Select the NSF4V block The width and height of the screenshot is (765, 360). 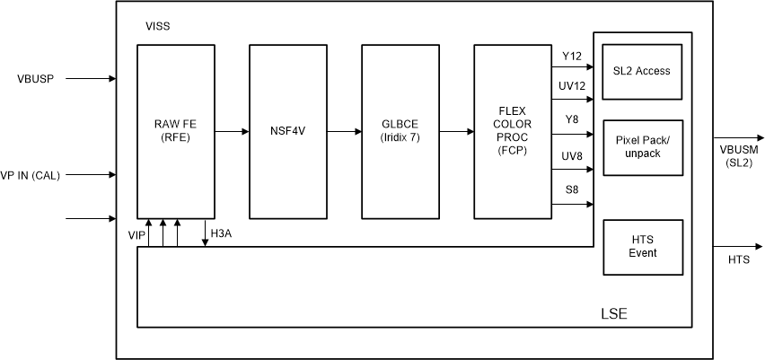[x=287, y=131]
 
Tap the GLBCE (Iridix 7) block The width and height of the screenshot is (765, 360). [x=400, y=131]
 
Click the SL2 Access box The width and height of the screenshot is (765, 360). [x=642, y=71]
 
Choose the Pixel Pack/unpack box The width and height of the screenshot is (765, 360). [x=642, y=147]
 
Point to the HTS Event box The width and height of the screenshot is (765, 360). [x=642, y=246]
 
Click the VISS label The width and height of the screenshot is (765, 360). [x=157, y=27]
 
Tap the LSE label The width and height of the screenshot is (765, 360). [x=613, y=314]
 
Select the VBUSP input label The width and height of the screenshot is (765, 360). [x=36, y=79]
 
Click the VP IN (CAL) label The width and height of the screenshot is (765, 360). [x=31, y=175]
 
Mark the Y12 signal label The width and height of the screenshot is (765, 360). [x=572, y=57]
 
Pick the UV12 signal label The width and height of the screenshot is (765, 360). [x=572, y=85]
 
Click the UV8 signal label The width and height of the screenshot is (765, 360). [x=572, y=156]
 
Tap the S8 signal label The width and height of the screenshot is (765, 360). [x=572, y=189]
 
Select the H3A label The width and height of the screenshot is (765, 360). [x=221, y=233]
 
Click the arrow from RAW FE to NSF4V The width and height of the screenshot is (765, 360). [x=232, y=132]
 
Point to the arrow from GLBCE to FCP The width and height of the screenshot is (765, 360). [x=456, y=132]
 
